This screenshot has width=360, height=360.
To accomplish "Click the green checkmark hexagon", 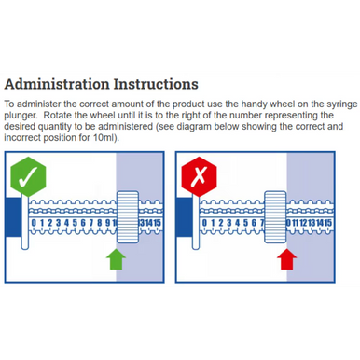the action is click(28, 176).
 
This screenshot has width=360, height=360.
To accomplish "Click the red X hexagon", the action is click(199, 176).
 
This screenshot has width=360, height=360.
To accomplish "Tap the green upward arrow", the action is click(116, 259).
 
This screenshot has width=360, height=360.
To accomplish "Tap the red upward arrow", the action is click(286, 259).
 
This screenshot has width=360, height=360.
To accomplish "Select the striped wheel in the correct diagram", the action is click(128, 217).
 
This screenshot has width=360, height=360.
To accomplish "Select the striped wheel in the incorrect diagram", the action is click(275, 217).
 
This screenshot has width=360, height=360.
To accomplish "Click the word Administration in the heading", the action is click(57, 84).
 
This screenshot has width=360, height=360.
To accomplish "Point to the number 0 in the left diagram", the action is click(34, 223).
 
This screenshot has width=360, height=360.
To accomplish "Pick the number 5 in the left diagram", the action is click(75, 223).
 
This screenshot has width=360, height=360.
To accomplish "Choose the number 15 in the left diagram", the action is click(158, 223).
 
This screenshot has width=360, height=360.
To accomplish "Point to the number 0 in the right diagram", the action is click(204, 223).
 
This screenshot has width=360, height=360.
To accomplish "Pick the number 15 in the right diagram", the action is click(327, 223).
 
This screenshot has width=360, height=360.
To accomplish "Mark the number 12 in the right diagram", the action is click(303, 223).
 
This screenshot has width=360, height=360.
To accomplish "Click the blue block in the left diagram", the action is click(13, 217).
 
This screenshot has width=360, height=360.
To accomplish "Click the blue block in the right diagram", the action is click(184, 217).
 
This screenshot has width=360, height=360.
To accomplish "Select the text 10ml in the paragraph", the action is click(104, 138).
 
